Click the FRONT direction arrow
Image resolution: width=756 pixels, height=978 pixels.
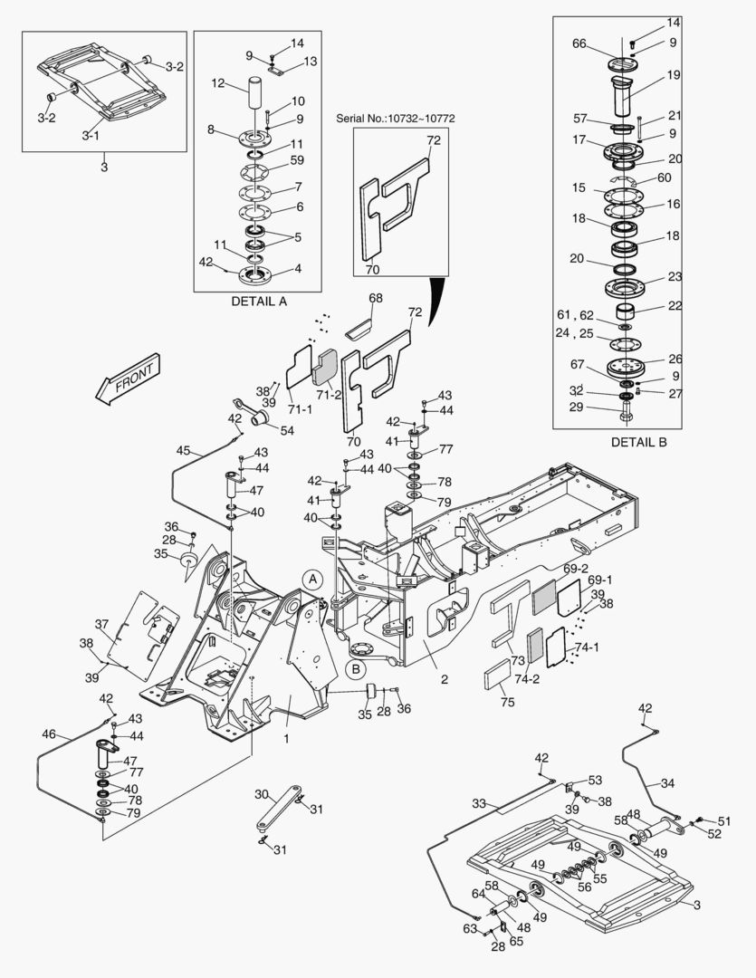[128, 377]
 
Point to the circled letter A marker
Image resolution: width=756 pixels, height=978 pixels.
[311, 578]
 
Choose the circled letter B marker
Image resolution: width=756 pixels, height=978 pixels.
[355, 669]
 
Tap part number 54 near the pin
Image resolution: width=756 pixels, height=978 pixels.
[287, 430]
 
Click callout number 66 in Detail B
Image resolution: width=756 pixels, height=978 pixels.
[579, 43]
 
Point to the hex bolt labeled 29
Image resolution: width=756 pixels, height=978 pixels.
[628, 417]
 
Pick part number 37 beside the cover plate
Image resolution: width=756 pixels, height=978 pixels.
[101, 624]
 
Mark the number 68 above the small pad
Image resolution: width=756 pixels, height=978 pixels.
[375, 298]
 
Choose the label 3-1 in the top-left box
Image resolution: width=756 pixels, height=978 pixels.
[91, 135]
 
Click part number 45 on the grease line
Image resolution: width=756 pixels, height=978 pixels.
[183, 450]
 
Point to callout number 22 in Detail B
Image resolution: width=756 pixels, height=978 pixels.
[675, 305]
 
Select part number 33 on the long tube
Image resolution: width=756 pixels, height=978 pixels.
[479, 802]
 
